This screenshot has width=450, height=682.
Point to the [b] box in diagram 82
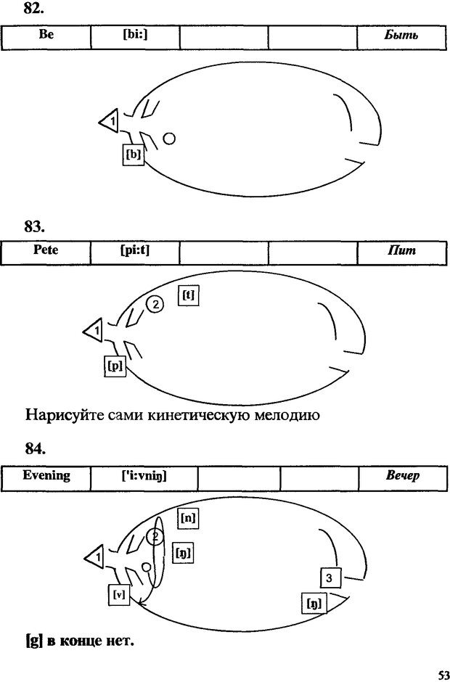[132, 155]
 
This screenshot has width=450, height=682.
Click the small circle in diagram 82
[168, 139]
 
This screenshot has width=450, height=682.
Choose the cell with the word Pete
[46, 252]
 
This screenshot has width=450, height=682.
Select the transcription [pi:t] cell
[135, 252]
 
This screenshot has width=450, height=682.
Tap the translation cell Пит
[401, 252]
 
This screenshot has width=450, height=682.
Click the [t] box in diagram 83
[188, 296]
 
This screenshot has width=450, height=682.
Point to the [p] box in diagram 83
[115, 366]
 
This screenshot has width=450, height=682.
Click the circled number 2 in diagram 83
[154, 305]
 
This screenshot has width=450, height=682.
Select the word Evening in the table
[46, 477]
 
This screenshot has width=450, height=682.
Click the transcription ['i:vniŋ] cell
[144, 477]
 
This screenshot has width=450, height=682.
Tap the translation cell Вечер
[403, 477]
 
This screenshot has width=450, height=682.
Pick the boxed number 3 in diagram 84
[329, 578]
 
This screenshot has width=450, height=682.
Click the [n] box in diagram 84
[188, 518]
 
